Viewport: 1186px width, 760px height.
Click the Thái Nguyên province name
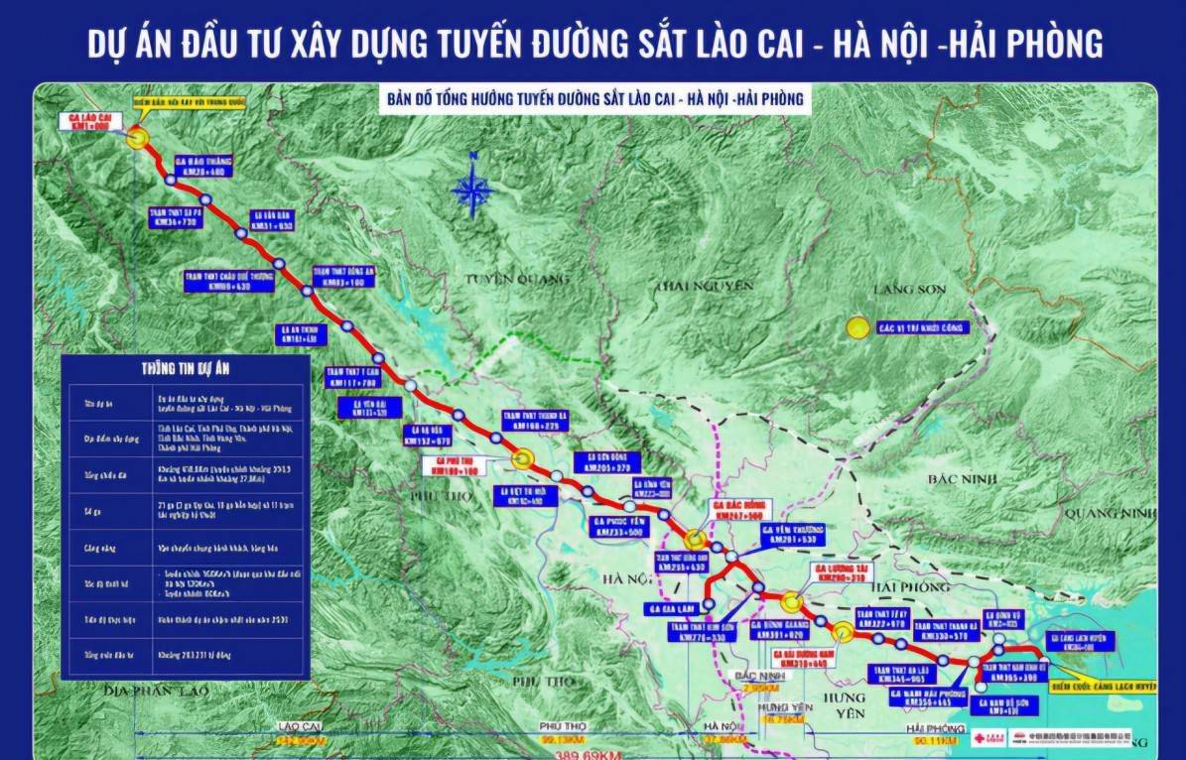coord(702,286)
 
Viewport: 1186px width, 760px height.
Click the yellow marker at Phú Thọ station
coord(523,456)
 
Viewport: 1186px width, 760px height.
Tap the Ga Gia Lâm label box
coord(675,608)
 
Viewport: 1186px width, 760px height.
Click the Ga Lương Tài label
coord(845,573)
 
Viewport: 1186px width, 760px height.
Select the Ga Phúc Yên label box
coord(621,527)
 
